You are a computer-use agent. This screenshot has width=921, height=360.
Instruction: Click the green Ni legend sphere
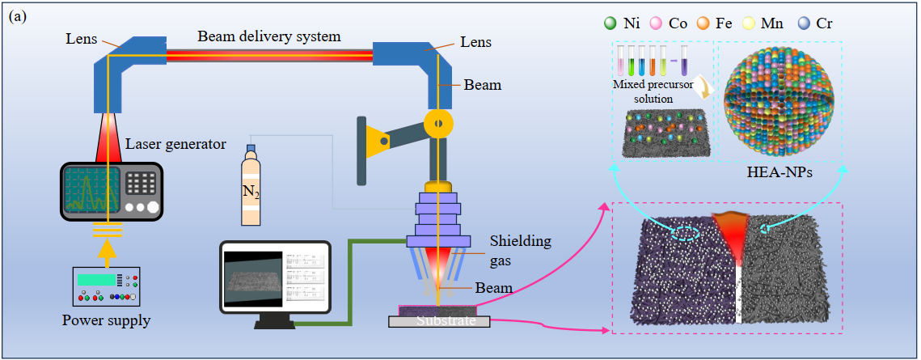[608, 23]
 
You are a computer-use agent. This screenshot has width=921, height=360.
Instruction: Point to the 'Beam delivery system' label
[269, 36]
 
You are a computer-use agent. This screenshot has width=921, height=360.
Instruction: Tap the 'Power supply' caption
[106, 320]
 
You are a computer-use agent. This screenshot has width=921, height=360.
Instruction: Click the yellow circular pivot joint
[438, 123]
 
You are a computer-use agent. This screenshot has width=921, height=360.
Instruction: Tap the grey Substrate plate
[439, 321]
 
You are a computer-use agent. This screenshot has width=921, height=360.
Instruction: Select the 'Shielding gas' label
[522, 248]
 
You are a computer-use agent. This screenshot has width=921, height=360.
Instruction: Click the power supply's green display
[95, 279]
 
